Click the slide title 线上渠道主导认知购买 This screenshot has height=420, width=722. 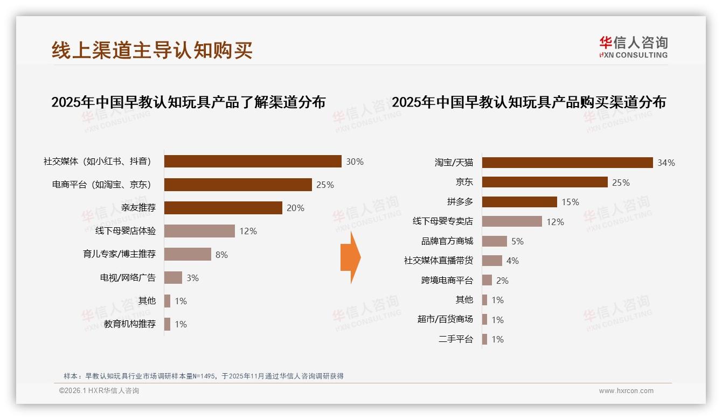(152, 50)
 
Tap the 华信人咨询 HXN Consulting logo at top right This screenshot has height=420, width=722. (633, 47)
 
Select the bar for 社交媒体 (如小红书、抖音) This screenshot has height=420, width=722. (253, 162)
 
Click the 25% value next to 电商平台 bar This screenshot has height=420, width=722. (325, 185)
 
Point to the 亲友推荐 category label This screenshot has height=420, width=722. (138, 208)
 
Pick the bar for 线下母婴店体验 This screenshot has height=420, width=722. (199, 231)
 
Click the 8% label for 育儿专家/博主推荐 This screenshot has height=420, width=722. (221, 255)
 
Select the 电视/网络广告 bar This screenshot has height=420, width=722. (173, 278)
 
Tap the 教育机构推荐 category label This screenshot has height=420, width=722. (130, 324)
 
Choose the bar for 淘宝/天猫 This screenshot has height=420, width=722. (567, 163)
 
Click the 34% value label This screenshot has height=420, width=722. (666, 163)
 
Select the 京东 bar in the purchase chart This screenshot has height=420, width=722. (545, 183)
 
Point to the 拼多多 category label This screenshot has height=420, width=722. (460, 202)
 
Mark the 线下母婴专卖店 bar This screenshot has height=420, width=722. (512, 221)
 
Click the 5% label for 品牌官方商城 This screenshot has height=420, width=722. (517, 241)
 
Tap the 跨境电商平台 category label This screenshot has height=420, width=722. (447, 281)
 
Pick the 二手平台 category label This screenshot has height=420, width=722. (456, 339)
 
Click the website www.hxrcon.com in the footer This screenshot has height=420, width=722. (626, 391)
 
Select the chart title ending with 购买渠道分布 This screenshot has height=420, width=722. (529, 102)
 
